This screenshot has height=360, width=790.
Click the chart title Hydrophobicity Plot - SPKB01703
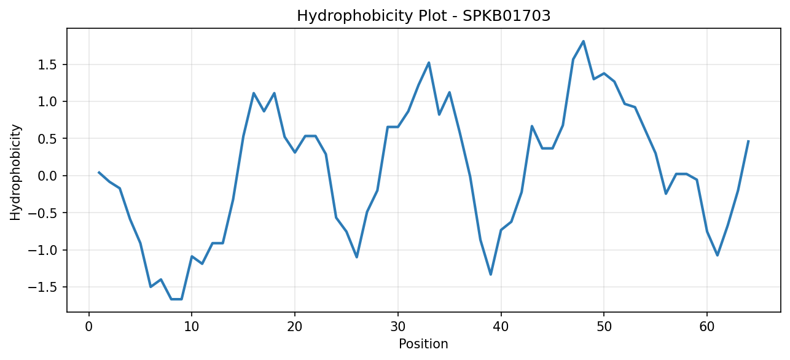[424, 16]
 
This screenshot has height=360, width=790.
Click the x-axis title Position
[424, 344]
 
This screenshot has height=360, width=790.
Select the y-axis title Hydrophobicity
[15, 173]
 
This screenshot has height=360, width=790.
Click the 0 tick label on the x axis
[89, 327]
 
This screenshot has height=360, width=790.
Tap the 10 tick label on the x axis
[192, 327]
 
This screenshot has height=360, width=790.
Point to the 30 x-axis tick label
[398, 327]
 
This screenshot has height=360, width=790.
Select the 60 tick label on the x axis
[707, 327]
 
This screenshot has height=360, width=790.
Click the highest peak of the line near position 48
[584, 41]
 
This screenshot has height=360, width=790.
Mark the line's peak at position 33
[429, 63]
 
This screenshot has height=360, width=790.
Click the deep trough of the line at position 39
[491, 275]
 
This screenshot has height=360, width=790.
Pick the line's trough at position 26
[356, 257]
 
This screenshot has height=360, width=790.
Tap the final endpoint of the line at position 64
[748, 141]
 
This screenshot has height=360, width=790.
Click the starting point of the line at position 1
[99, 173]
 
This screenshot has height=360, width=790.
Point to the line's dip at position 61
[718, 255]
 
